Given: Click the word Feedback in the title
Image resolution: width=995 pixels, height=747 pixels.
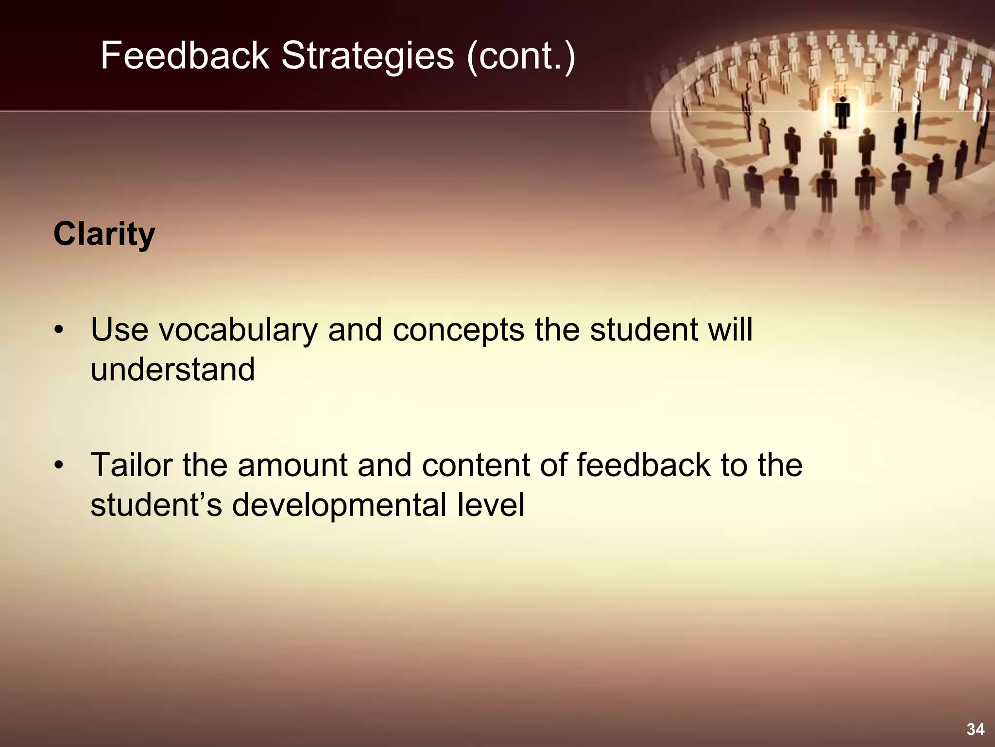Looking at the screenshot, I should [x=185, y=56].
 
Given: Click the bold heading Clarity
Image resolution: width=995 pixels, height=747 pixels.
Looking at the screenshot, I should [x=104, y=234].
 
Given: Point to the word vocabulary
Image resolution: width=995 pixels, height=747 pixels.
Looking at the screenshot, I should [x=238, y=330].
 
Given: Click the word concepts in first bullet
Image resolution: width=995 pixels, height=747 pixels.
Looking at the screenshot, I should [x=458, y=330].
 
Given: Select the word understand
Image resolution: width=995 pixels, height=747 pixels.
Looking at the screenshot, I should [x=172, y=370].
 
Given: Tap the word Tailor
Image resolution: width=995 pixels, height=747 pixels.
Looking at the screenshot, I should [x=132, y=465].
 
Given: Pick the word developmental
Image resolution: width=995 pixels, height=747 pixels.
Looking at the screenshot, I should [x=339, y=505].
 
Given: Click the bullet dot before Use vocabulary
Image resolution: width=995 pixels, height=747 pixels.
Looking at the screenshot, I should [x=59, y=331].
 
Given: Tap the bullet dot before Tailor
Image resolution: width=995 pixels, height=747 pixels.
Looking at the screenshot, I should [x=59, y=466].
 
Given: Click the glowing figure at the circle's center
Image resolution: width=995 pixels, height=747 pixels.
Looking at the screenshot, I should [x=842, y=112].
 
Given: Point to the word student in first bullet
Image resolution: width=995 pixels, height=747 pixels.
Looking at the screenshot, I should [x=644, y=330].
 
